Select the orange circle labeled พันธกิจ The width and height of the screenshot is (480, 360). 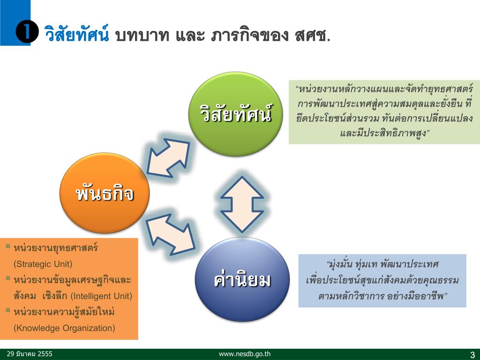tap(105, 194)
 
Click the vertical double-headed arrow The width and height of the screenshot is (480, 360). tap(242, 204)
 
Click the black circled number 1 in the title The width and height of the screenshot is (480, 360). tap(27, 33)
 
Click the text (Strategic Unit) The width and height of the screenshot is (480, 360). tap(43, 263)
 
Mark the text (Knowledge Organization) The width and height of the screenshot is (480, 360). tap(65, 328)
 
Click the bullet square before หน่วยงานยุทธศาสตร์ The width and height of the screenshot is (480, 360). tap(8, 246)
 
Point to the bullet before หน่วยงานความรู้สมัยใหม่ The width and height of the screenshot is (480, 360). tap(8, 310)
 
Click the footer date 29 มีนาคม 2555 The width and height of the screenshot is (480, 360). tap(30, 354)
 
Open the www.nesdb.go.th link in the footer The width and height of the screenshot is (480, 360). tap(245, 354)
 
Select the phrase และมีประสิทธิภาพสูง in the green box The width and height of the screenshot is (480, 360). tap(384, 133)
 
